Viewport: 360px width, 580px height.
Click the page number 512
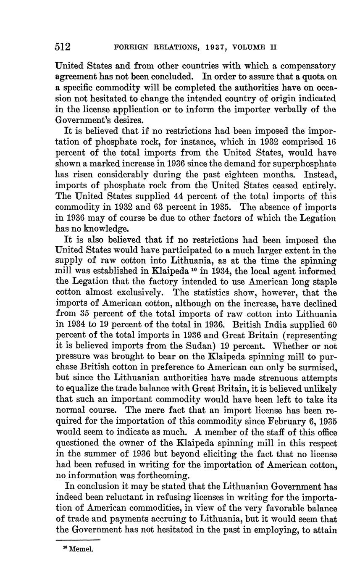[63, 47]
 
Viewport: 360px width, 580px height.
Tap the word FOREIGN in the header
[131, 47]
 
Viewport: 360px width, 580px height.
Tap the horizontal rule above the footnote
[78, 540]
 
